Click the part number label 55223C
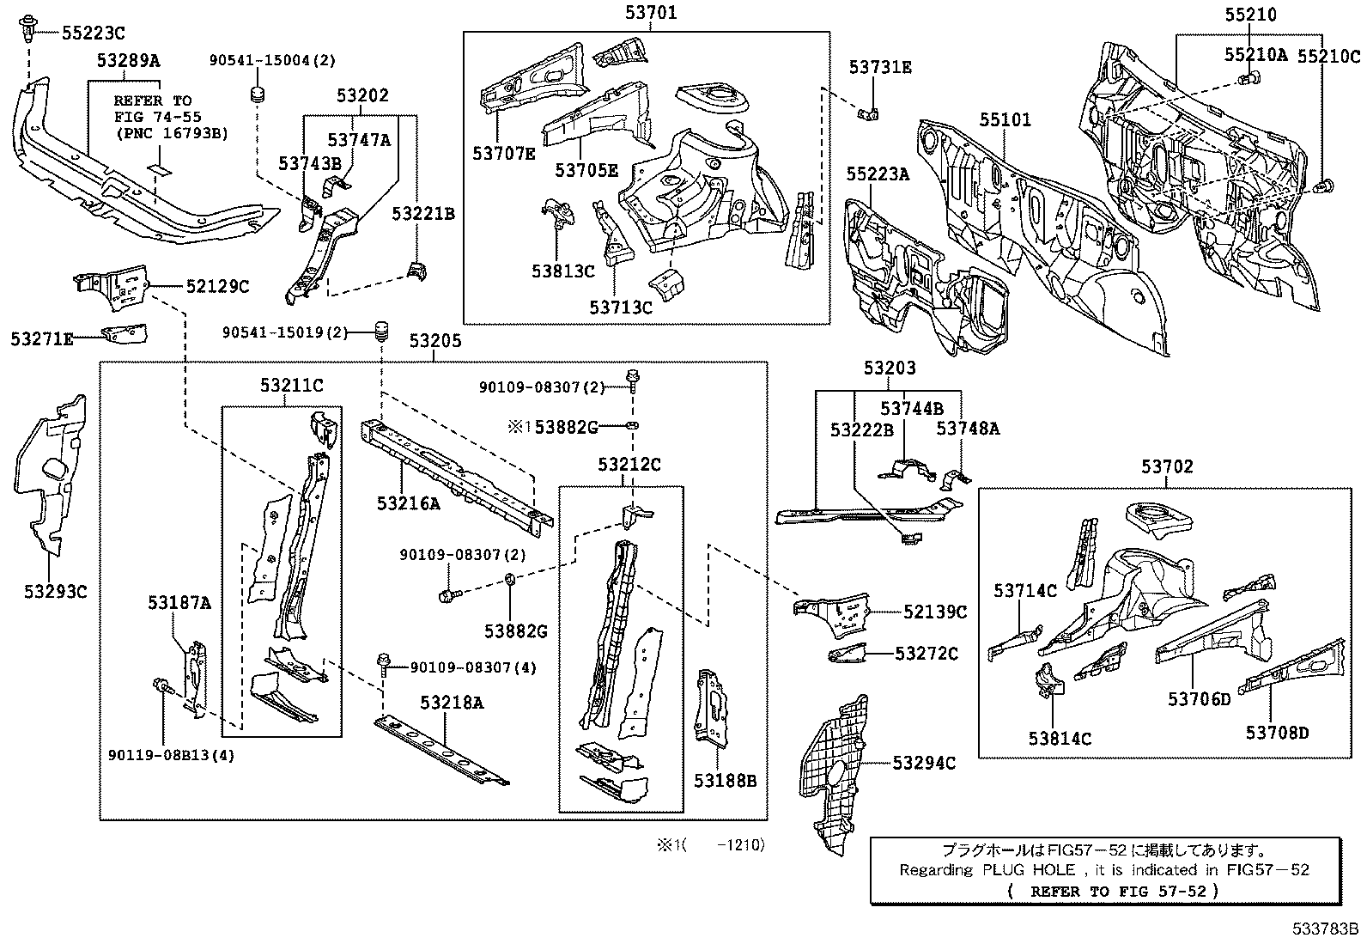(94, 33)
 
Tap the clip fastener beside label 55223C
(28, 28)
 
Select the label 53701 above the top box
(651, 13)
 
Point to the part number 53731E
(880, 67)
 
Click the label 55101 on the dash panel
(1006, 119)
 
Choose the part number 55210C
(1328, 57)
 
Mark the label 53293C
(56, 591)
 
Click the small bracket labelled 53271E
(125, 334)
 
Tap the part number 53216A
(408, 503)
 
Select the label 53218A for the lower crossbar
(452, 703)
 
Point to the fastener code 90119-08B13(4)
(172, 755)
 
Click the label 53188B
(725, 780)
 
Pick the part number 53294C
(924, 763)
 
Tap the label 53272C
(927, 654)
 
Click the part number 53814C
(1060, 738)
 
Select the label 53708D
(1278, 732)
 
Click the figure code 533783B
(1325, 929)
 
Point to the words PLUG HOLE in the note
(1029, 869)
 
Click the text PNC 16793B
(172, 133)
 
